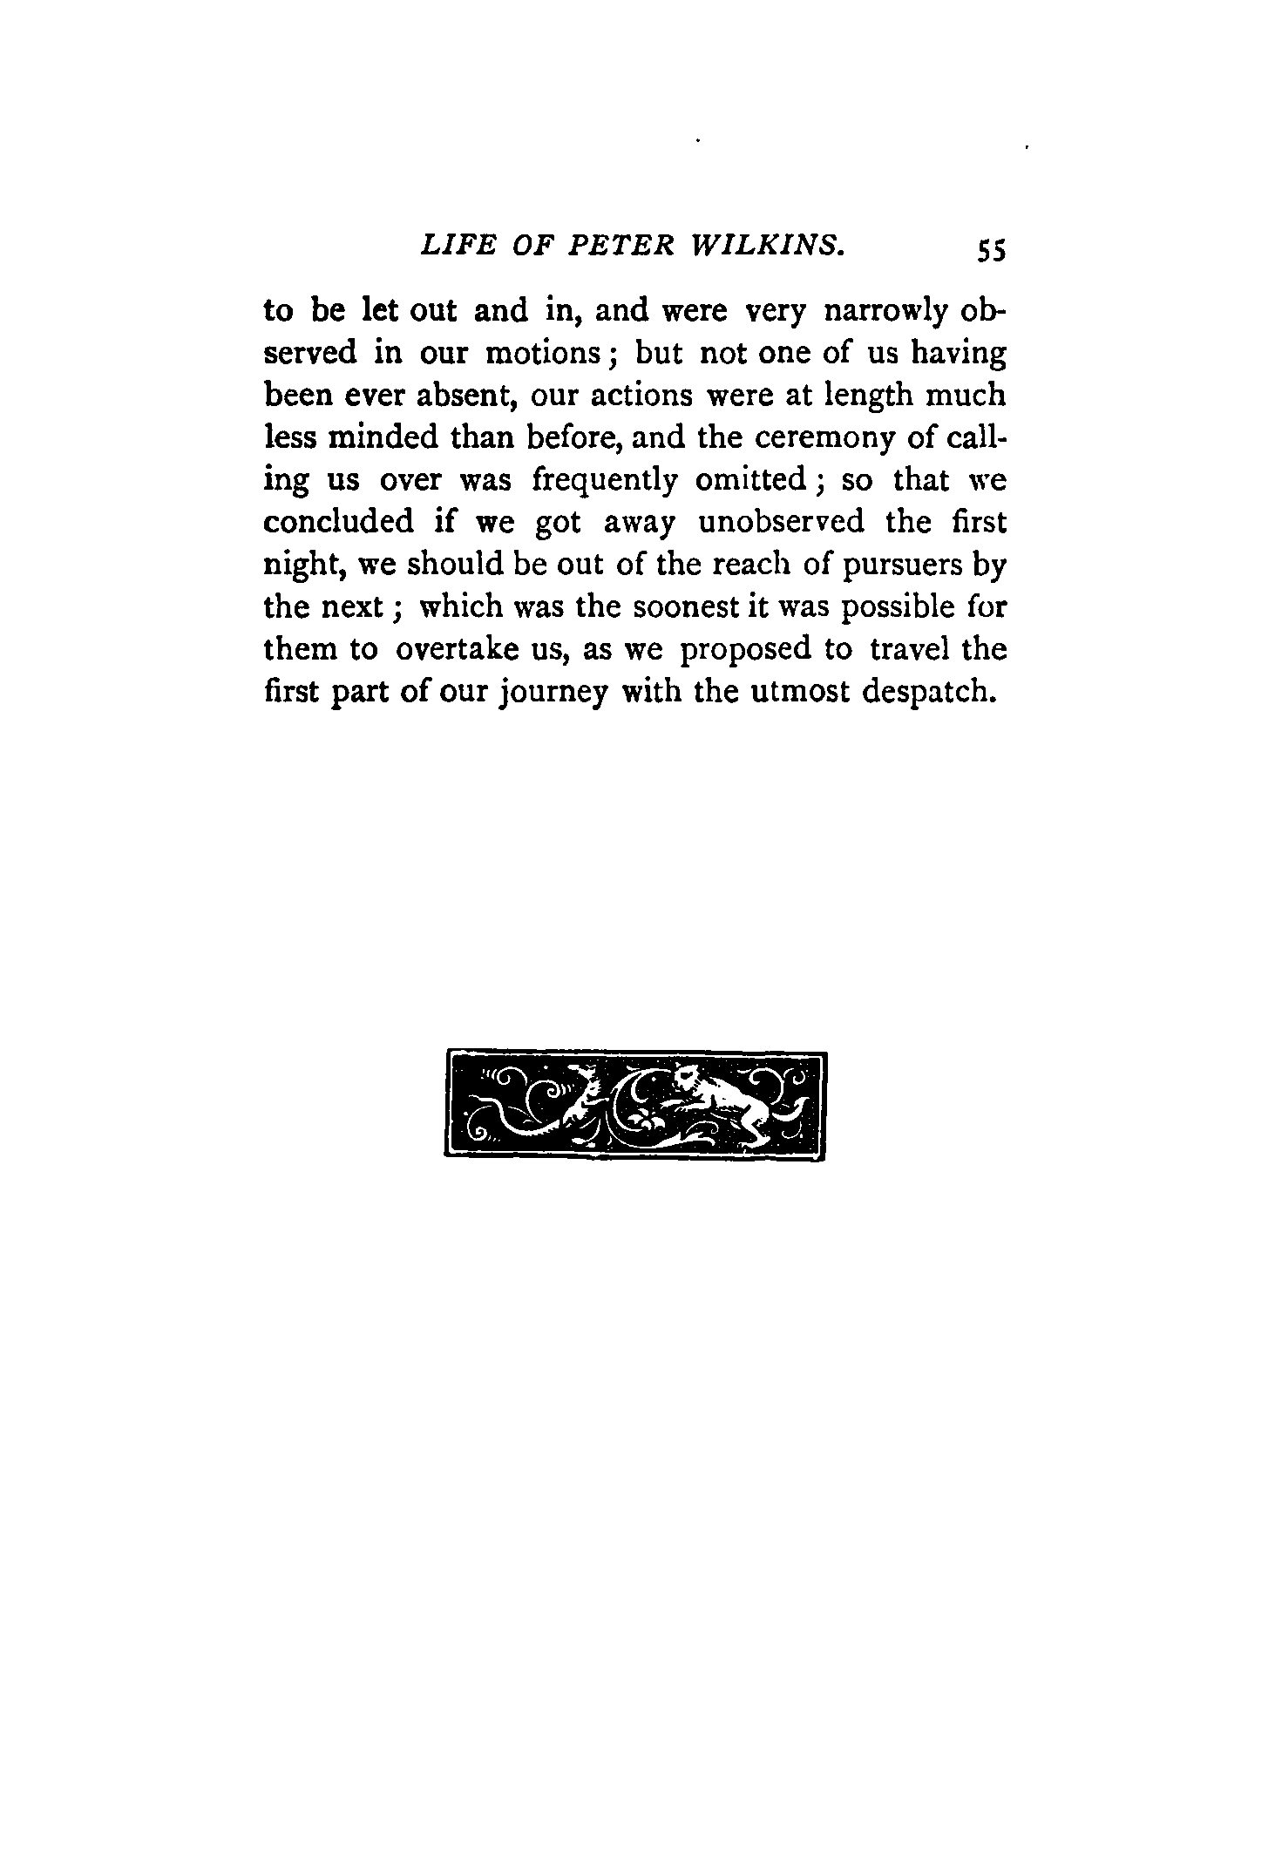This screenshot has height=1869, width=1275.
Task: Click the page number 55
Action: click(992, 251)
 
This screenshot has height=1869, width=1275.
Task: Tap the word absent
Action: click(458, 396)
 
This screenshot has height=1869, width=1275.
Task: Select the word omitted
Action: click(761, 480)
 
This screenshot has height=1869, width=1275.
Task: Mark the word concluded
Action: click(339, 522)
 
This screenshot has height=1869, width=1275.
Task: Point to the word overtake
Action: click(460, 649)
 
